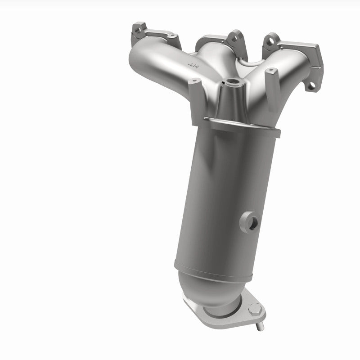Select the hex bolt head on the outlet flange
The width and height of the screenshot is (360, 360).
pyautogui.click(x=255, y=310)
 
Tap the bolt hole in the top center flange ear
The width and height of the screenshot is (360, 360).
pyautogui.click(x=233, y=39)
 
